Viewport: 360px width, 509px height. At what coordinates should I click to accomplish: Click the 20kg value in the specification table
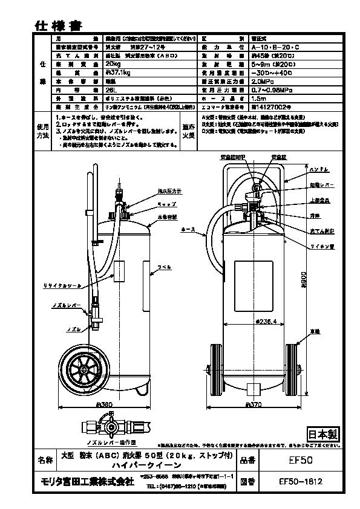(x=113, y=62)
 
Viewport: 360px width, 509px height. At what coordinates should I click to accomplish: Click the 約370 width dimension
(x=254, y=405)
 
